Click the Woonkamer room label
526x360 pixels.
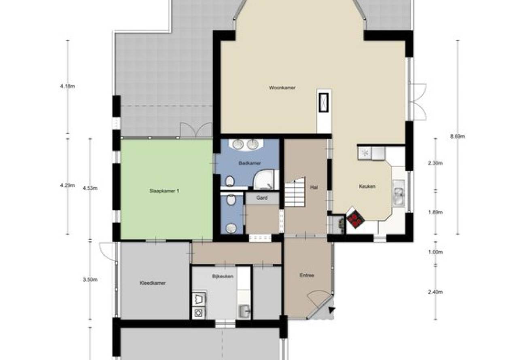click(282, 88)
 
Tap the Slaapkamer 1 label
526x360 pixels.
click(164, 191)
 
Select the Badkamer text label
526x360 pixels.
click(250, 163)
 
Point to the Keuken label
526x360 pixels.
click(367, 186)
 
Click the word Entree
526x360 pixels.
click(307, 275)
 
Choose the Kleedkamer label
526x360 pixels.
click(153, 283)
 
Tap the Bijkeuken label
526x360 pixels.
click(223, 276)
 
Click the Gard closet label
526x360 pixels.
click(262, 198)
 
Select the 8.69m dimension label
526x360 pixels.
click(458, 136)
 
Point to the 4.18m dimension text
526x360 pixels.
click(68, 86)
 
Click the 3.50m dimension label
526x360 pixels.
click(90, 280)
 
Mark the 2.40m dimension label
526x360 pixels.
click(435, 292)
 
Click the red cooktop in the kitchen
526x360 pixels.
click(356, 219)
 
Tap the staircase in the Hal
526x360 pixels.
click(295, 193)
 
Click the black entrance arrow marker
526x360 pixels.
click(331, 310)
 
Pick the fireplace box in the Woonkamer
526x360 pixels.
click(323, 103)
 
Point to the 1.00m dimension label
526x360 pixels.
click(435, 252)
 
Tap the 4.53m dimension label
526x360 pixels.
click(90, 188)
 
